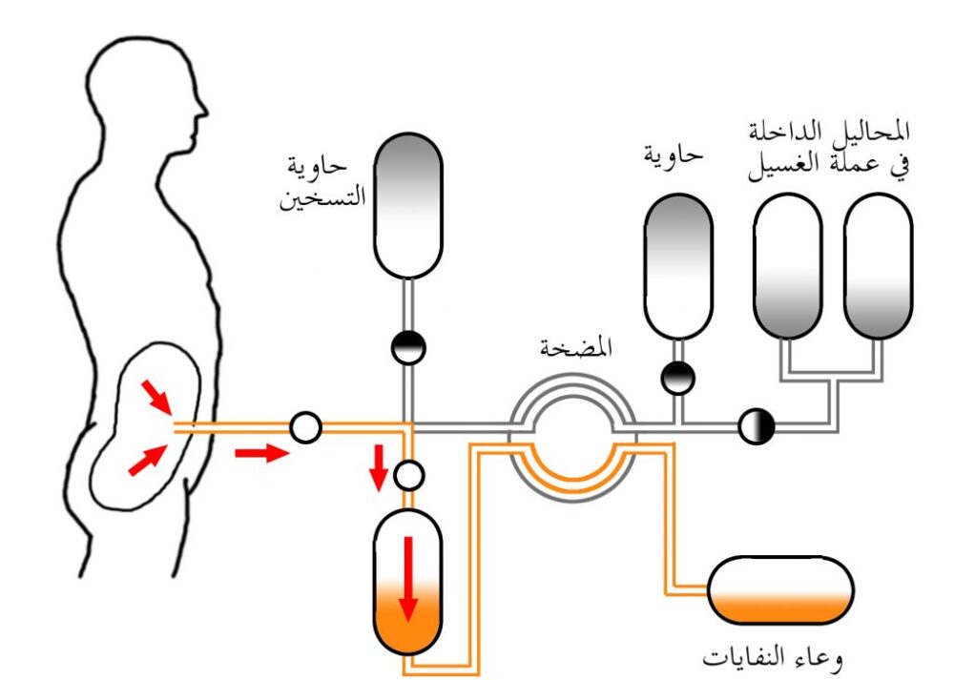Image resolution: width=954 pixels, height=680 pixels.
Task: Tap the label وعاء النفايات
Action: click(x=773, y=659)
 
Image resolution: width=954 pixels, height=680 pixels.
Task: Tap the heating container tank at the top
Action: click(x=407, y=205)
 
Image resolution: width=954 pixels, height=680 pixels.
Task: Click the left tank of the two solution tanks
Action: click(x=787, y=267)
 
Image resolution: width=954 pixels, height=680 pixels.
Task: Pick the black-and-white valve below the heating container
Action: click(x=408, y=347)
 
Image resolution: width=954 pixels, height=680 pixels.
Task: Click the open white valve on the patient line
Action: click(x=305, y=428)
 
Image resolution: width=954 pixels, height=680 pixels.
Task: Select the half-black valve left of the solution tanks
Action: click(x=757, y=425)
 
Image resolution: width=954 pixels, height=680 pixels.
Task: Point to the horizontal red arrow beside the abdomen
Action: click(x=259, y=451)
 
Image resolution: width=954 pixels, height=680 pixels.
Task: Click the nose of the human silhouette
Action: click(x=203, y=102)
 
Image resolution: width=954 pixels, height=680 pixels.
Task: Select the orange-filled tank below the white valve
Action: click(x=408, y=582)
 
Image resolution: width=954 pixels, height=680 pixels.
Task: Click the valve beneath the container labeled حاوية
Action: click(x=678, y=378)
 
